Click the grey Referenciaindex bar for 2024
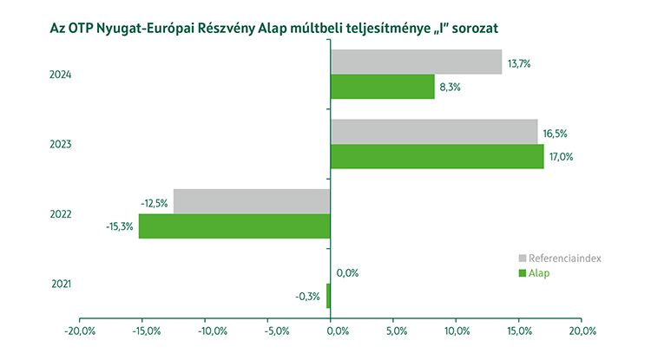[x=416, y=62]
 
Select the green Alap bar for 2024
[x=382, y=87]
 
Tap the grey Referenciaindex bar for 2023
[x=434, y=131]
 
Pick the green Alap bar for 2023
[x=437, y=156]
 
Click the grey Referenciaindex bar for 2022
[x=252, y=201]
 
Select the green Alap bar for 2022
[x=234, y=226]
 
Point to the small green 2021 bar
[x=328, y=296]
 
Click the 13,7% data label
[x=520, y=64]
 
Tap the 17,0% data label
[x=562, y=157]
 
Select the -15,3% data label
[x=120, y=227]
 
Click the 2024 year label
[x=60, y=75]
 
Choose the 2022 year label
[x=60, y=214]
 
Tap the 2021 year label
[x=60, y=284]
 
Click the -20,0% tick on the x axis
[x=80, y=331]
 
